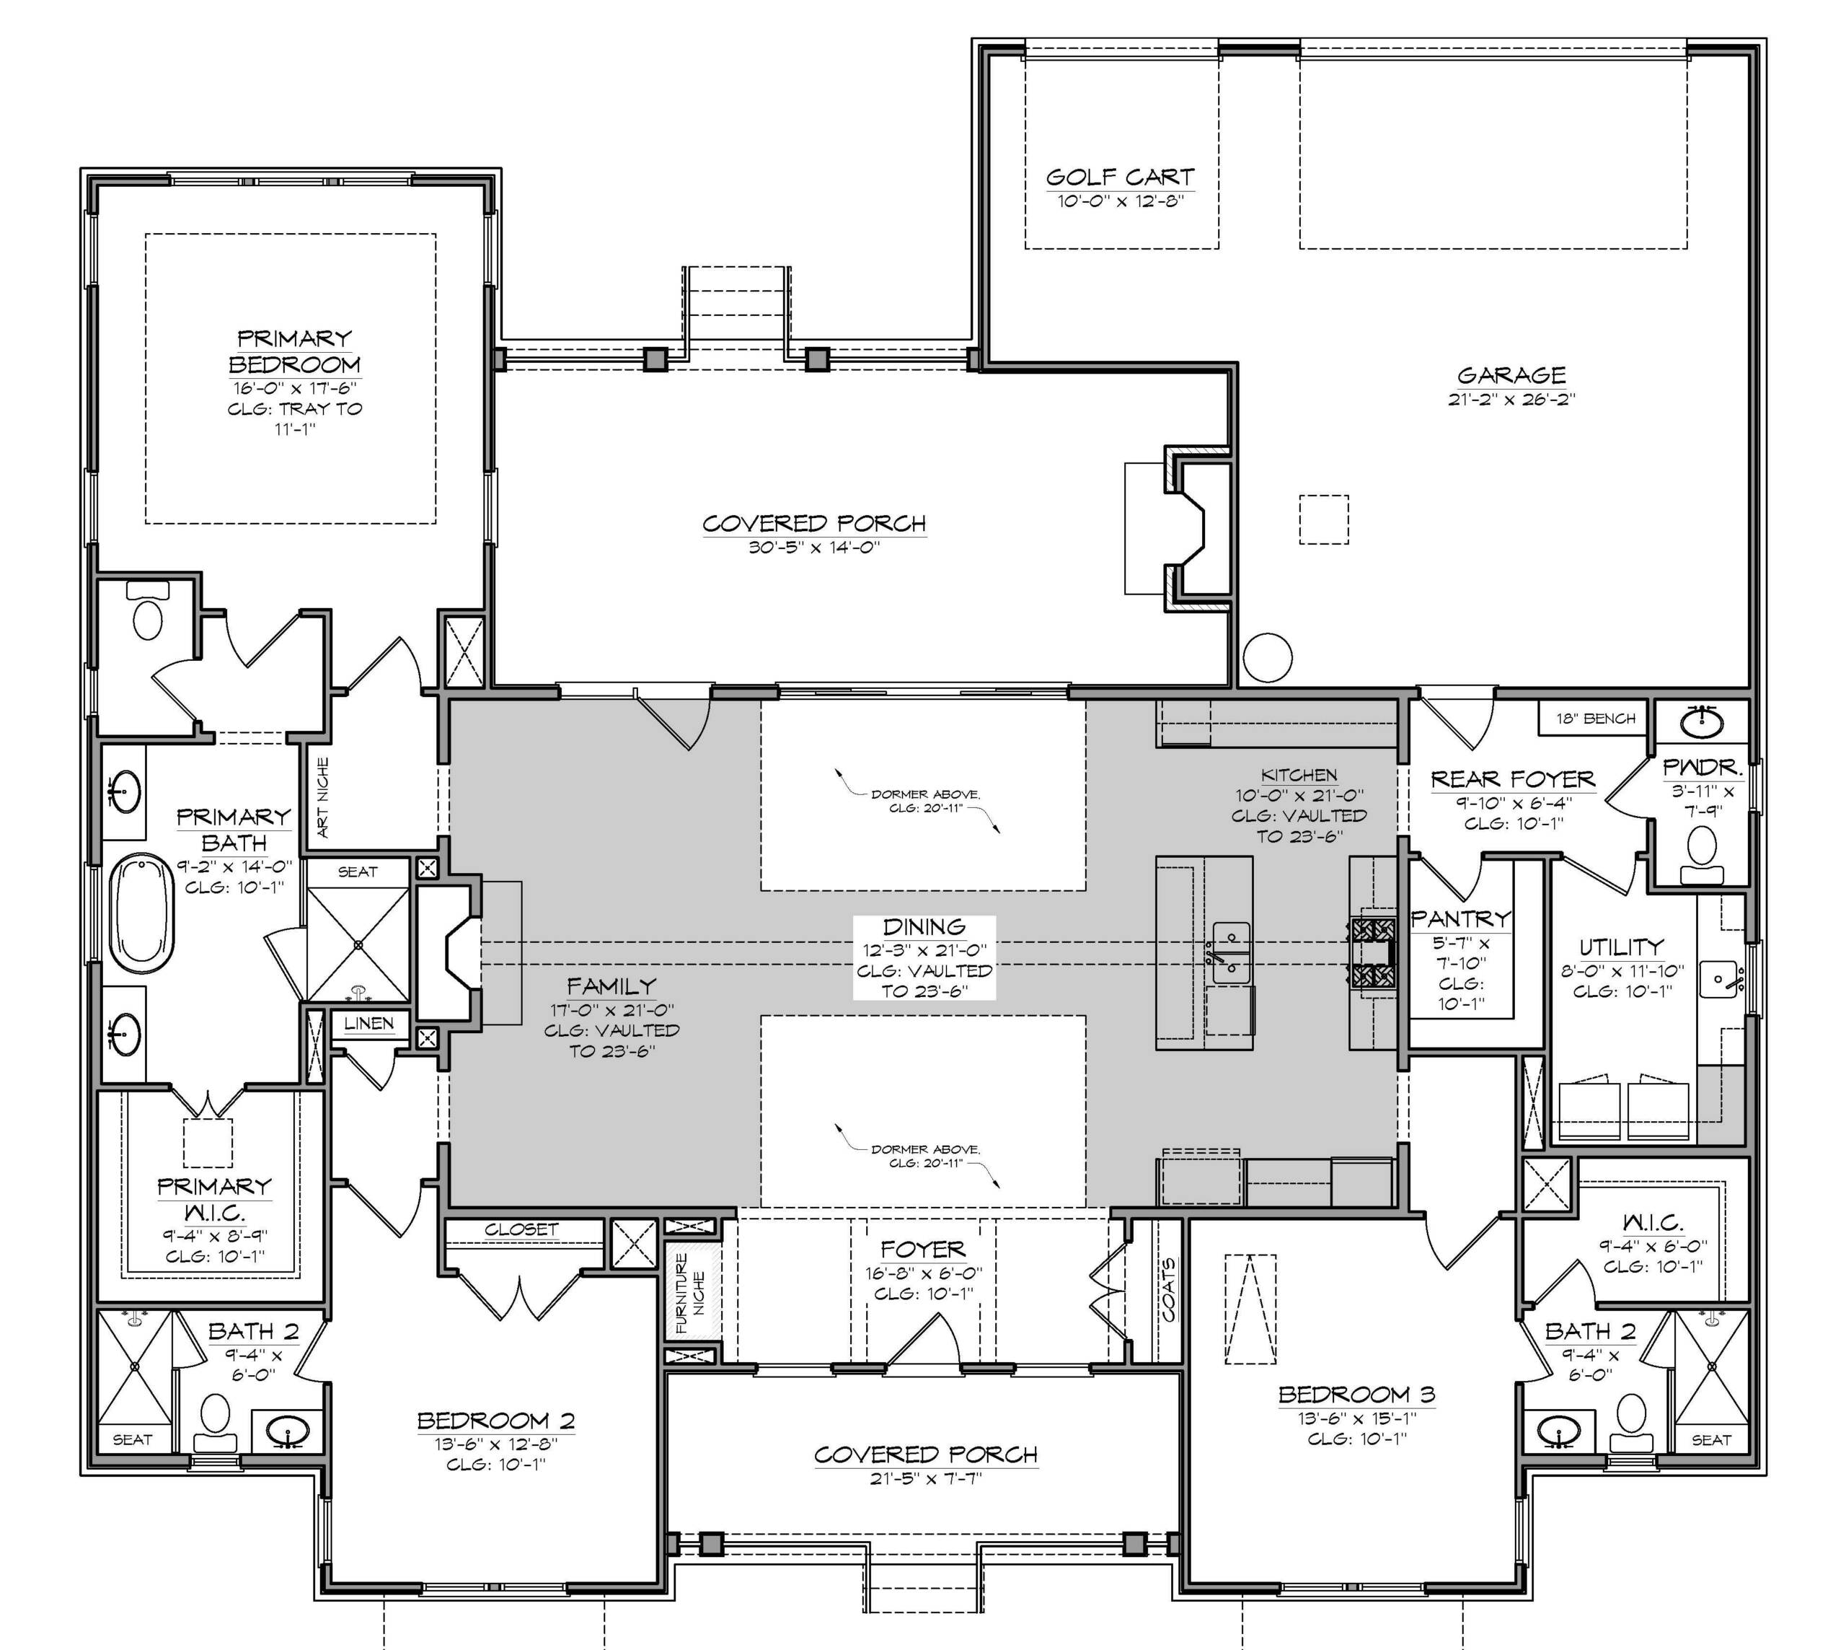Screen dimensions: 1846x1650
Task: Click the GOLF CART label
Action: [1120, 177]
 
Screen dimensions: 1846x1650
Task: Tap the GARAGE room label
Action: [1511, 374]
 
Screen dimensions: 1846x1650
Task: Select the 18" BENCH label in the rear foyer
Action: [1596, 719]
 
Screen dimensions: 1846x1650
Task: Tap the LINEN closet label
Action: [368, 1024]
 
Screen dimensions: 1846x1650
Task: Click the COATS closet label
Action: [1169, 1289]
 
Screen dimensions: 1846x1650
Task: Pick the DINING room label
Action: [924, 926]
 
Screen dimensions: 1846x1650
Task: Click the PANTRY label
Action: [1461, 918]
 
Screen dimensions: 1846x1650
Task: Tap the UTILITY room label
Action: [1621, 947]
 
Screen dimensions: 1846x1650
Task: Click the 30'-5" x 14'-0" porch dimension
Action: [815, 548]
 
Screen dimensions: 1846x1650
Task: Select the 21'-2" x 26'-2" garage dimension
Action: [1511, 399]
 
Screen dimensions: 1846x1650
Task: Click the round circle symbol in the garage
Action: [1267, 658]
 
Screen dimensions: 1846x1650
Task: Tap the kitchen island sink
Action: [1232, 952]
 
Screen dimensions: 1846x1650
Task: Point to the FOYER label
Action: [922, 1250]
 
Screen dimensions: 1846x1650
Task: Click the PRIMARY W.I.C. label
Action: [214, 1198]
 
